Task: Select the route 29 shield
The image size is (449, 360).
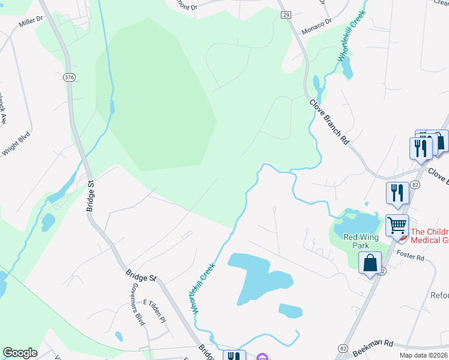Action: click(285, 14)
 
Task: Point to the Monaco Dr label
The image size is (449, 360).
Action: click(317, 23)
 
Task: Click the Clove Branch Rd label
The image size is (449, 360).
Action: click(329, 121)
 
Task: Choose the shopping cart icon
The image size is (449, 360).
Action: click(397, 226)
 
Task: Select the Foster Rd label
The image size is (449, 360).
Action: click(411, 256)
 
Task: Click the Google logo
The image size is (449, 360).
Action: click(20, 353)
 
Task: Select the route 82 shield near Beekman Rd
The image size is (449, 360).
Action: click(343, 349)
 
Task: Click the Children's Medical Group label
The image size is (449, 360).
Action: click(429, 236)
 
